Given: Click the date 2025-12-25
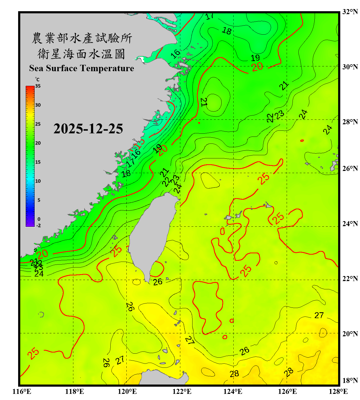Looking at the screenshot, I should pos(88,129).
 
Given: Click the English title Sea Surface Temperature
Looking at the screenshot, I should pos(82,68).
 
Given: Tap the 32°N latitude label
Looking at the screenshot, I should pos(350,12).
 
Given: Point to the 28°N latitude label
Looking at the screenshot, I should pos(350,122).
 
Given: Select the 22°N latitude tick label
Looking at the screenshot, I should pos(350,279).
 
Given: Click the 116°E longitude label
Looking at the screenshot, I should pos(22,391).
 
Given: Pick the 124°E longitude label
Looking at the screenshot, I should pos(233,391).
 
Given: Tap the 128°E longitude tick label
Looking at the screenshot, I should pos(338,391).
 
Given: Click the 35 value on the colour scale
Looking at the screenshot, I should pos(38,86).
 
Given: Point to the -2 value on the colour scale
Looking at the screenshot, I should pos(38,226).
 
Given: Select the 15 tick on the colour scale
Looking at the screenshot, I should pos(38,162).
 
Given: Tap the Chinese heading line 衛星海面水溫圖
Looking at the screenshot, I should pos(81,54).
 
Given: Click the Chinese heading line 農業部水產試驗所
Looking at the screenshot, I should pos(82,38).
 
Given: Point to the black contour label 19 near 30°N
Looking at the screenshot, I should pos(255,58).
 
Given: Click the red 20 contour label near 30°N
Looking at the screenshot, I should pos(257,67).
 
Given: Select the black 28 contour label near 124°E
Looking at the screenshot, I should pos(234,374).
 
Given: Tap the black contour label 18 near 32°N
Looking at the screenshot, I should pos(227,31).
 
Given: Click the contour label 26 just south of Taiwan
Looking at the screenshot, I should pos(158,282).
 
